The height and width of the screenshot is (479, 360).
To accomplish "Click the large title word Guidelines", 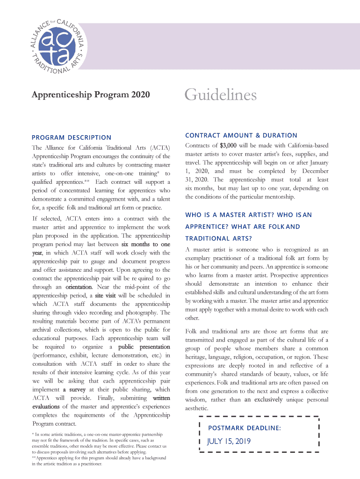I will pos(221,95).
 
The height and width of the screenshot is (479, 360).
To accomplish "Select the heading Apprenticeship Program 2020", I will pos(91,95).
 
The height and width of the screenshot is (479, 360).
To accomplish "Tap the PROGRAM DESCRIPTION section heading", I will pos(72,137).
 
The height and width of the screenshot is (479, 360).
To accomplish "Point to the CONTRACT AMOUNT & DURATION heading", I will pos(241,135).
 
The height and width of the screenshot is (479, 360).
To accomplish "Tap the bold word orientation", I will pos(79,287).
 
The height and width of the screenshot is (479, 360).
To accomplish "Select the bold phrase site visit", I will pos(106,296).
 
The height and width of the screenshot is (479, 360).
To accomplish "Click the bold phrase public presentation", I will pos(144,347).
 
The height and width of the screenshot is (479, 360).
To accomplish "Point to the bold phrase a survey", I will pos(74,390).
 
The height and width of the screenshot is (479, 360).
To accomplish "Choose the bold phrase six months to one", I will pos(145,244).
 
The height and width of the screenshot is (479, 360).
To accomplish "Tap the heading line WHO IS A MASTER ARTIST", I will pos(248,215).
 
